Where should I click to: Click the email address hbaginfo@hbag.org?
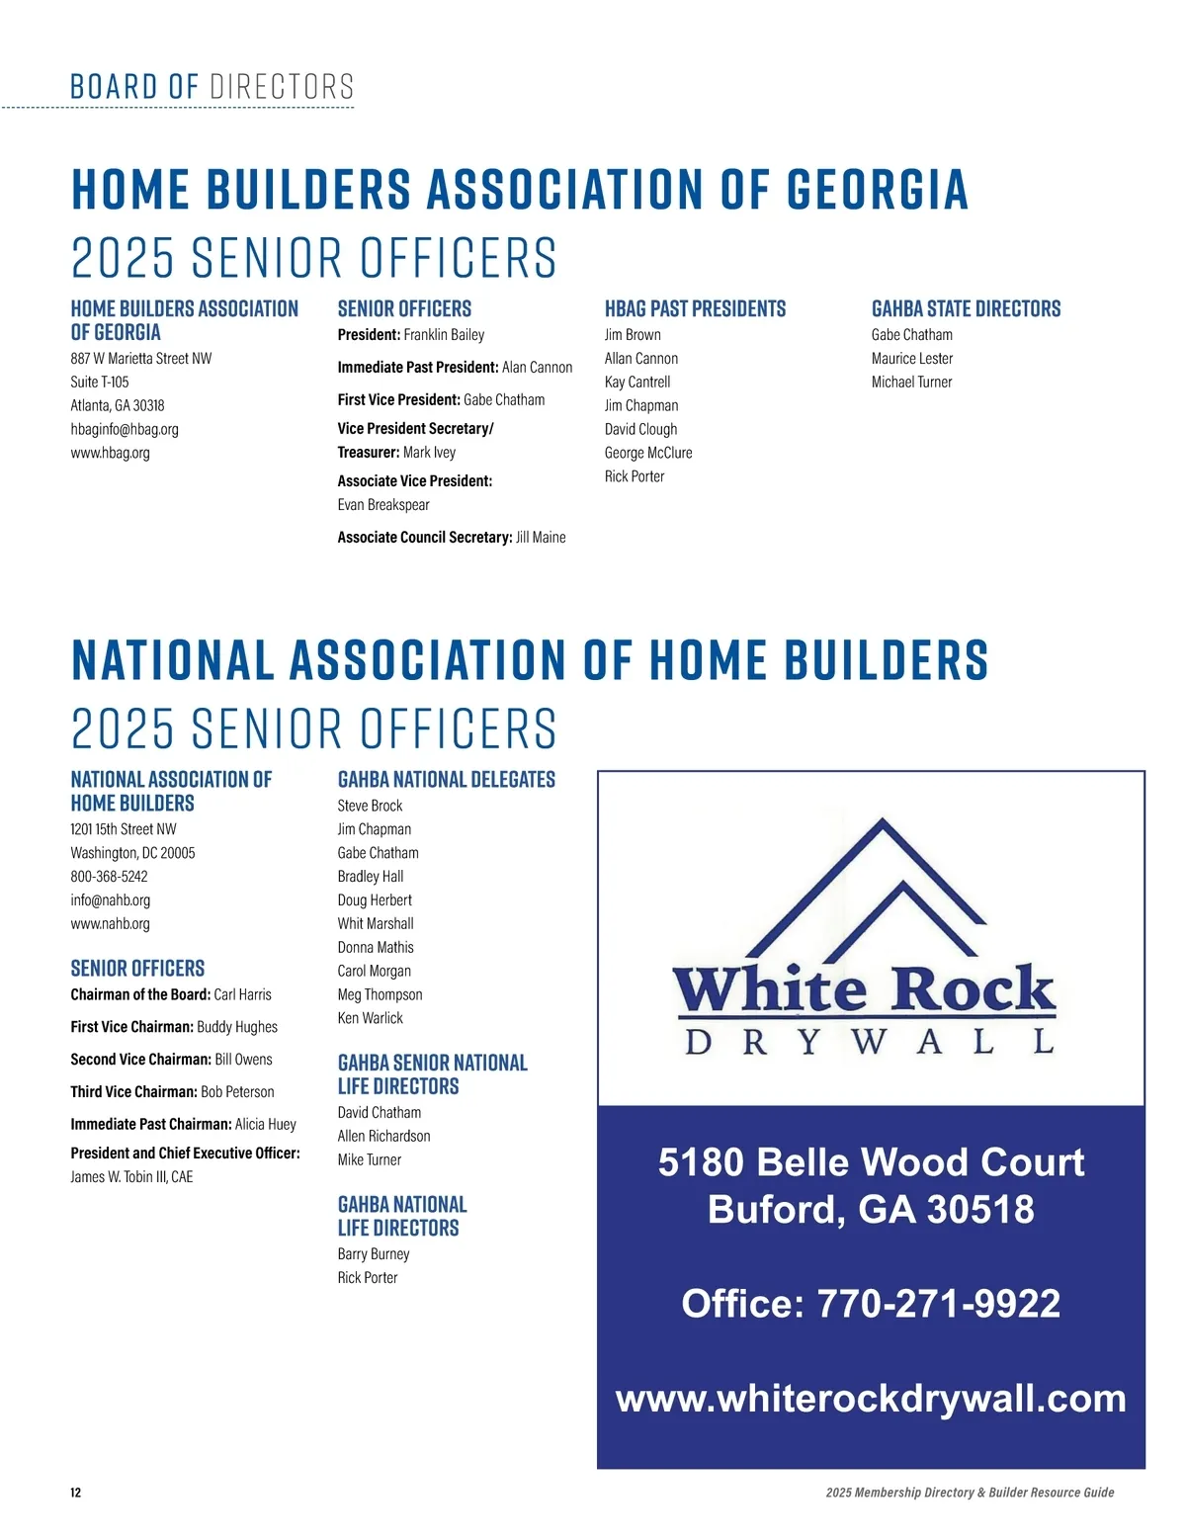[125, 430]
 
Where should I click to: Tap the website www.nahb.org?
[110, 924]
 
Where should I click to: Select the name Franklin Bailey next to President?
[444, 335]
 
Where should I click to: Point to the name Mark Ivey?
[429, 453]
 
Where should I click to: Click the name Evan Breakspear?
[383, 505]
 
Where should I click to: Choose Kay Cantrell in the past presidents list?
[637, 383]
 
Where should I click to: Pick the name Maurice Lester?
[912, 359]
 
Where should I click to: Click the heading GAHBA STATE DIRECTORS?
[966, 309]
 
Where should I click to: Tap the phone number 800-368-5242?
[109, 877]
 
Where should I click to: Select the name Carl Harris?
[242, 995]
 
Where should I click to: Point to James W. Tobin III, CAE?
[131, 1177]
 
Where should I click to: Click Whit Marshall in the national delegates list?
[376, 924]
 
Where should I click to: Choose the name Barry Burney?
[374, 1254]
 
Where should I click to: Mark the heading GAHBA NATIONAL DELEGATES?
[446, 780]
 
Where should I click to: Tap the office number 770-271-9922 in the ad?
[938, 1304]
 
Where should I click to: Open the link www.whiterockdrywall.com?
[871, 1399]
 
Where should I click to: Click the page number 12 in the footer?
[76, 1493]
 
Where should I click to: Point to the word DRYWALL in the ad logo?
[870, 1042]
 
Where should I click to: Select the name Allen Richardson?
[383, 1137]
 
